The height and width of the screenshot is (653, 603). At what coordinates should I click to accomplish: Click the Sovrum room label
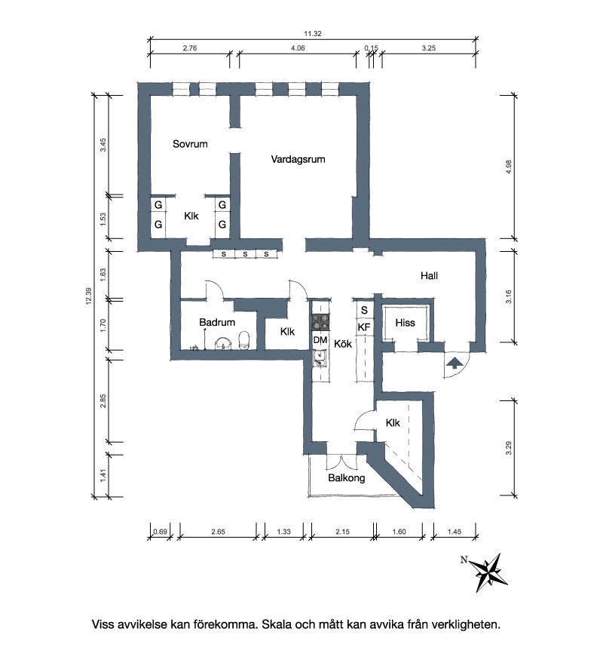click(x=190, y=144)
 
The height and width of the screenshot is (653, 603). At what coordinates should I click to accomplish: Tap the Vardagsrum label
click(x=298, y=160)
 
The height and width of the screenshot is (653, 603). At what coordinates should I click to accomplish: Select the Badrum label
click(x=217, y=322)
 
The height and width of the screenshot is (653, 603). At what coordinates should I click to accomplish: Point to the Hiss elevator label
click(x=406, y=323)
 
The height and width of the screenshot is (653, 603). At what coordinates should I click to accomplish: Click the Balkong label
click(x=347, y=478)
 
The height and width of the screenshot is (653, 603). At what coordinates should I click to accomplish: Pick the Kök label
click(x=343, y=344)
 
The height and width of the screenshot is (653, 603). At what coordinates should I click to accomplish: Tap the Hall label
click(x=429, y=276)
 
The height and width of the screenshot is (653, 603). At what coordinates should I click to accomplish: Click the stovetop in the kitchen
click(x=320, y=323)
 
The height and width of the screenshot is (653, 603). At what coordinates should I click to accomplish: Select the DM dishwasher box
click(x=320, y=341)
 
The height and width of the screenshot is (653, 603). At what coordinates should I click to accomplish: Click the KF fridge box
click(x=364, y=327)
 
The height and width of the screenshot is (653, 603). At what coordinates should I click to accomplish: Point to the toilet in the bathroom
click(x=243, y=340)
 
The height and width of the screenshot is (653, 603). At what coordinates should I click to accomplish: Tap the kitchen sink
click(x=320, y=359)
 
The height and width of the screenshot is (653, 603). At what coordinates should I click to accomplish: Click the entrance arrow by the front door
click(x=455, y=363)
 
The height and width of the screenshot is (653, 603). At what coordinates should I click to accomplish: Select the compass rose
click(x=490, y=572)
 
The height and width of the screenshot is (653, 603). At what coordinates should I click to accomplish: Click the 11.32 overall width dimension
click(x=313, y=34)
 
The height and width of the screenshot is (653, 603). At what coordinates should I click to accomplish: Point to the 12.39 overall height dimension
click(x=88, y=296)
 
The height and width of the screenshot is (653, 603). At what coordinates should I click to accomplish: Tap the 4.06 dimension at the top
click(x=298, y=48)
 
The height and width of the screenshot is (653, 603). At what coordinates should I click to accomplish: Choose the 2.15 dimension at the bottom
click(x=342, y=532)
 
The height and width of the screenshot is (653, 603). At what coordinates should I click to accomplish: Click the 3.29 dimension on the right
click(x=509, y=448)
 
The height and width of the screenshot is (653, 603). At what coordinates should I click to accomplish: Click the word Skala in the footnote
click(x=277, y=624)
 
